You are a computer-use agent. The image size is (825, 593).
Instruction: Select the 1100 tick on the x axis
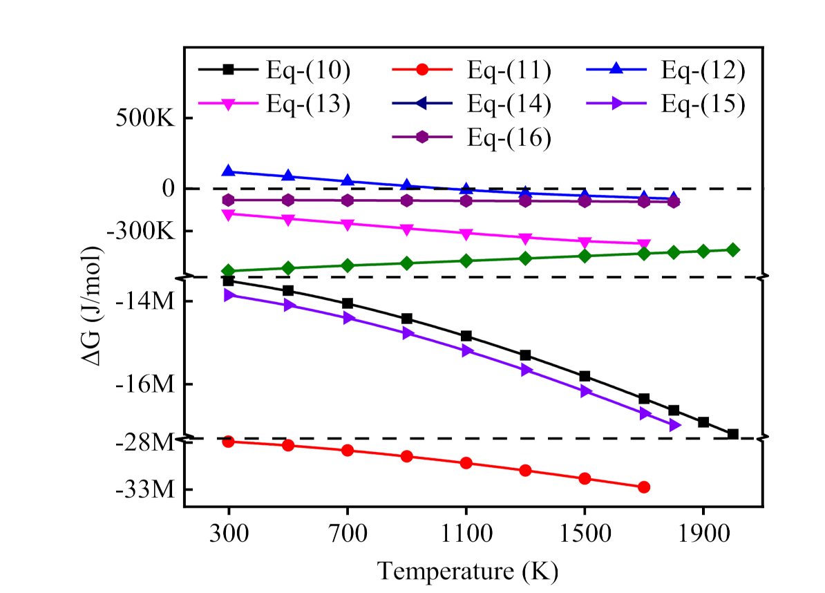click(466, 534)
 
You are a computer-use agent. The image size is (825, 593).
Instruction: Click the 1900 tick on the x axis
click(703, 534)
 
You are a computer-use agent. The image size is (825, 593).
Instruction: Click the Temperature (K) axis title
click(468, 571)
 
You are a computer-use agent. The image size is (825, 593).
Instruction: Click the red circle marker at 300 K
click(229, 442)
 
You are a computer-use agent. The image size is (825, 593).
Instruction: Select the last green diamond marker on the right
click(733, 250)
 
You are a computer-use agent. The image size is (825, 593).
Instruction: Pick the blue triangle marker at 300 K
click(229, 171)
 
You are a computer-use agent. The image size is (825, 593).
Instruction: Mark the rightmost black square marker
click(733, 434)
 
